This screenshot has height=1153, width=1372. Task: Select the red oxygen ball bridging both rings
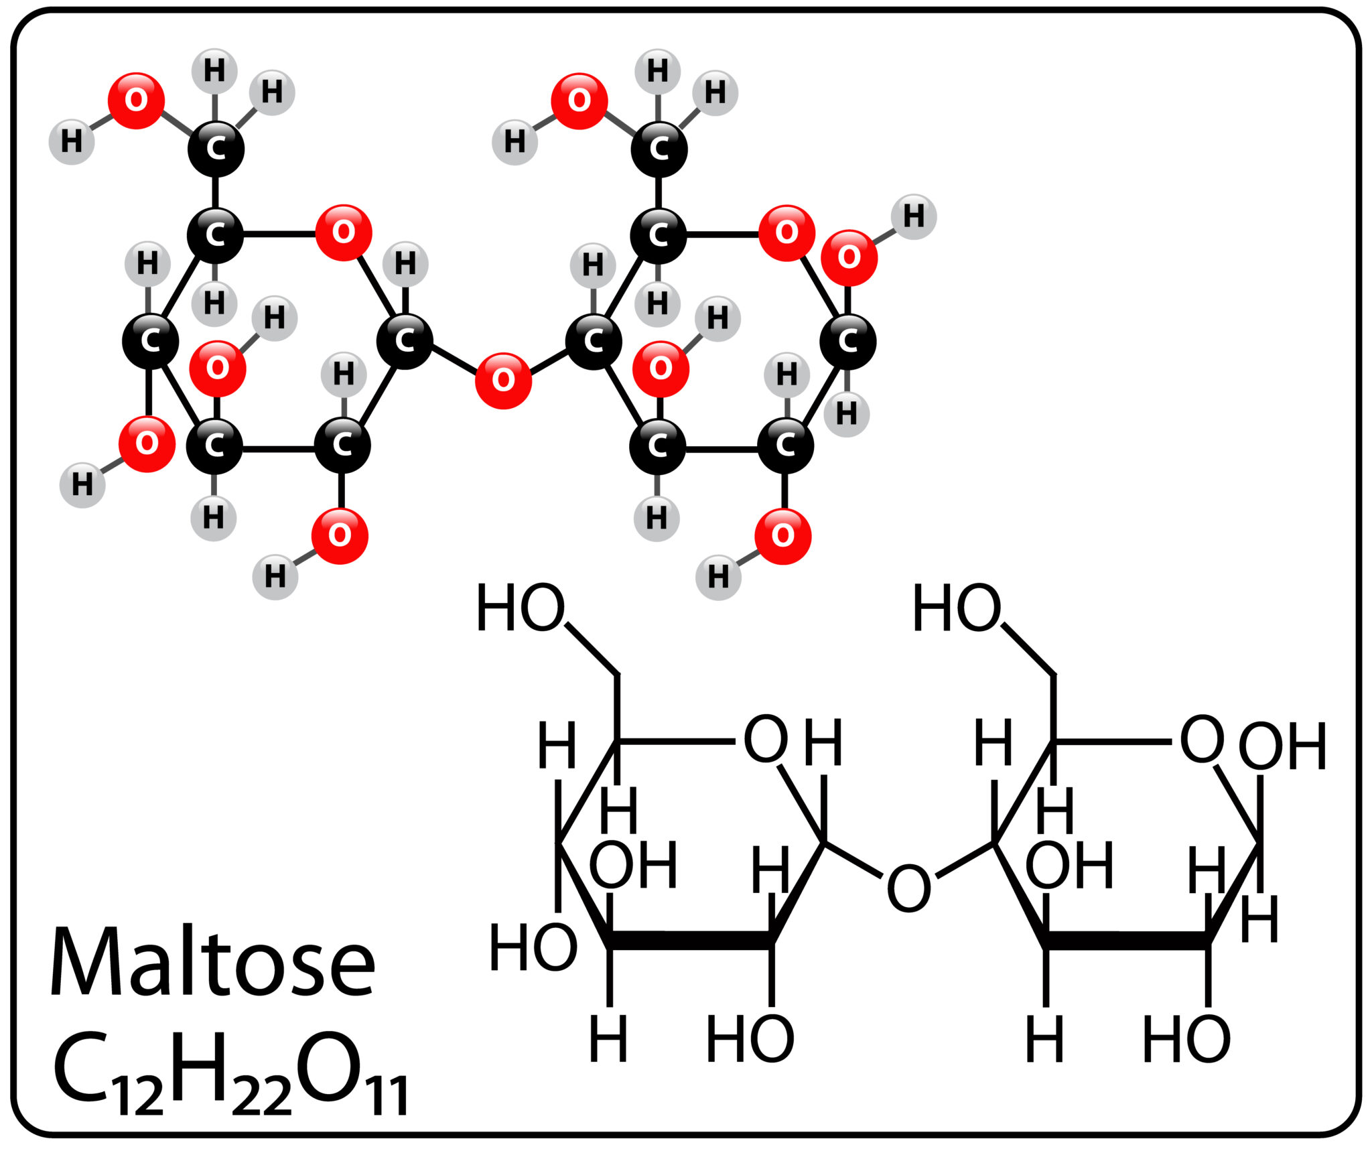point(503,380)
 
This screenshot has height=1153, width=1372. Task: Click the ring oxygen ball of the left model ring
point(343,232)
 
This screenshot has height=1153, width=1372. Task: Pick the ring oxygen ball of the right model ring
point(786,232)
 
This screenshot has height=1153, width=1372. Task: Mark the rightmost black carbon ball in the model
point(848,341)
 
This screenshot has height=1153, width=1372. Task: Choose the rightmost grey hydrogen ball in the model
point(913,216)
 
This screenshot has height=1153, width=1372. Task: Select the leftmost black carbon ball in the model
point(150,341)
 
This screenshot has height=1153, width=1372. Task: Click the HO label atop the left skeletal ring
point(520,608)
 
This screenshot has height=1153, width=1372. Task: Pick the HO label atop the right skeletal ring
point(957,608)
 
